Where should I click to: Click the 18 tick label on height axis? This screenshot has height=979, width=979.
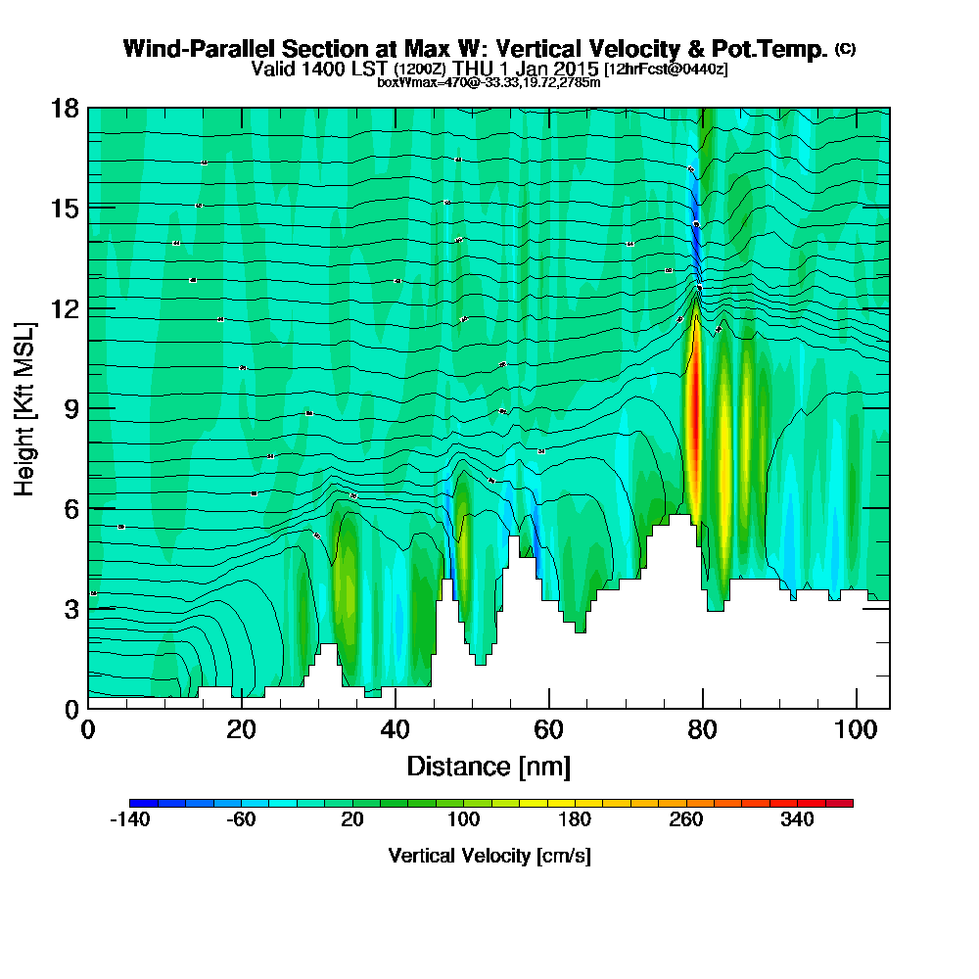65,108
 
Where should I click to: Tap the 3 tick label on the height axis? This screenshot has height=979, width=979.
71,608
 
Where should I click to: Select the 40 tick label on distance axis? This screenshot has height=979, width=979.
396,730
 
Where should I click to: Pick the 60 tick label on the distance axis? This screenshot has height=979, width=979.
549,730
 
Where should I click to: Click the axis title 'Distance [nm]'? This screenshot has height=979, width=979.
489,766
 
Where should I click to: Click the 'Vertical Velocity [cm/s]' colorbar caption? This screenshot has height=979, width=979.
489,856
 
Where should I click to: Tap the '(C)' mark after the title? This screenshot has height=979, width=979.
845,48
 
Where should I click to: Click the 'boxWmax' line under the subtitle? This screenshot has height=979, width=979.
489,82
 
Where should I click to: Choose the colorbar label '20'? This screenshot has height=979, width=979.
353,820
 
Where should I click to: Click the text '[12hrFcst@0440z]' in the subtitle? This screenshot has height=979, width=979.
666,70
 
